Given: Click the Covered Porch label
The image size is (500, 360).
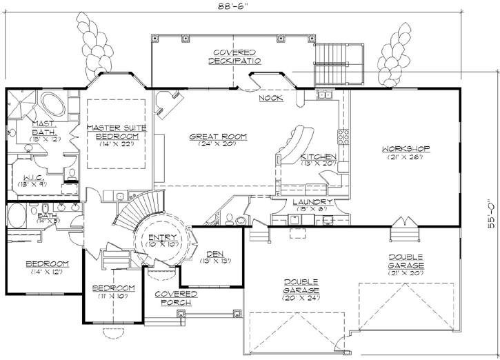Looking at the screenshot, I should tap(177, 298).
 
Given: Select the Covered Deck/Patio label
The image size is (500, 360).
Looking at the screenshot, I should tap(234, 57).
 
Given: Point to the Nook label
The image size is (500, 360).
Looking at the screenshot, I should tap(271, 99).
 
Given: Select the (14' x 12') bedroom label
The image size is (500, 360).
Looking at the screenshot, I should tap(47, 268).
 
